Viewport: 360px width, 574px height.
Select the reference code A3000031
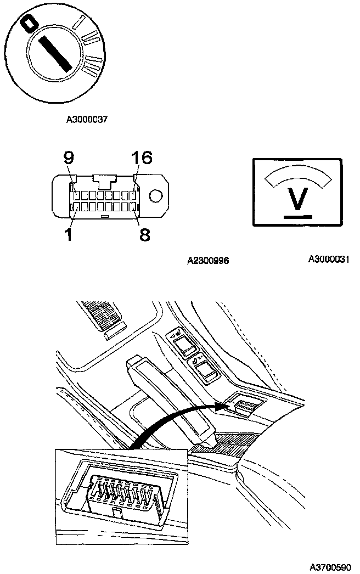pos(328,259)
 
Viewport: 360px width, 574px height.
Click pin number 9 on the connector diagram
pos(68,159)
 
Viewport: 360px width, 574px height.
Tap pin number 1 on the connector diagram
pos(69,235)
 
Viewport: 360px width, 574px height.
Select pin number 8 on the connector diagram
pos(144,235)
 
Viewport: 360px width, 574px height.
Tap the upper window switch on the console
pos(185,346)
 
